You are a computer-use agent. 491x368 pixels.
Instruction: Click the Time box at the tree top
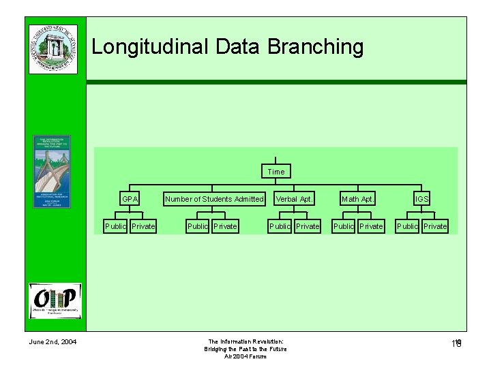coord(276,172)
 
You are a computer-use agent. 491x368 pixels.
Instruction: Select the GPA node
coord(130,199)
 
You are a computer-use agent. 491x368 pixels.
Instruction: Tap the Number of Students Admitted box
coord(214,199)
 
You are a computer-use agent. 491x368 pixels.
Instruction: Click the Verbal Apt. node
coord(294,199)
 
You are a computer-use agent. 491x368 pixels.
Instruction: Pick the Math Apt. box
coord(358,199)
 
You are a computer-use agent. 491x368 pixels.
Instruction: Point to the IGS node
coord(422,199)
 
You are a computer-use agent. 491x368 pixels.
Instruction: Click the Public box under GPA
coord(115,226)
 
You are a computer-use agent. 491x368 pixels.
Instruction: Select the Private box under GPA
coord(143,226)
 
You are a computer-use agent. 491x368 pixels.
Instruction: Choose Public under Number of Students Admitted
coord(197,226)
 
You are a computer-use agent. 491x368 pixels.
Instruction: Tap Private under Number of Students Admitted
coord(225,226)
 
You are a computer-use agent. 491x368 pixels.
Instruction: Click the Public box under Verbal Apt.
coord(280,226)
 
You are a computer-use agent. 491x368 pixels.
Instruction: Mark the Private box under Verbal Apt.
coord(308,226)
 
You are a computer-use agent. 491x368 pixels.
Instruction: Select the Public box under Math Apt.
coord(344,226)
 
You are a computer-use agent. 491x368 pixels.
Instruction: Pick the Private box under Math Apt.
coord(371,226)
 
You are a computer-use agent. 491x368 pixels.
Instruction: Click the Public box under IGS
coord(407,226)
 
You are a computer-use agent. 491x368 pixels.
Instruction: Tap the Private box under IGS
coord(435,226)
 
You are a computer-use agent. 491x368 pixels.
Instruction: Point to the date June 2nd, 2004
coord(53,341)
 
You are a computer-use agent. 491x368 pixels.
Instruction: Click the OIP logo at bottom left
coord(55,301)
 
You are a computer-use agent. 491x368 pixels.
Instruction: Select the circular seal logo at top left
coord(53,48)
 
